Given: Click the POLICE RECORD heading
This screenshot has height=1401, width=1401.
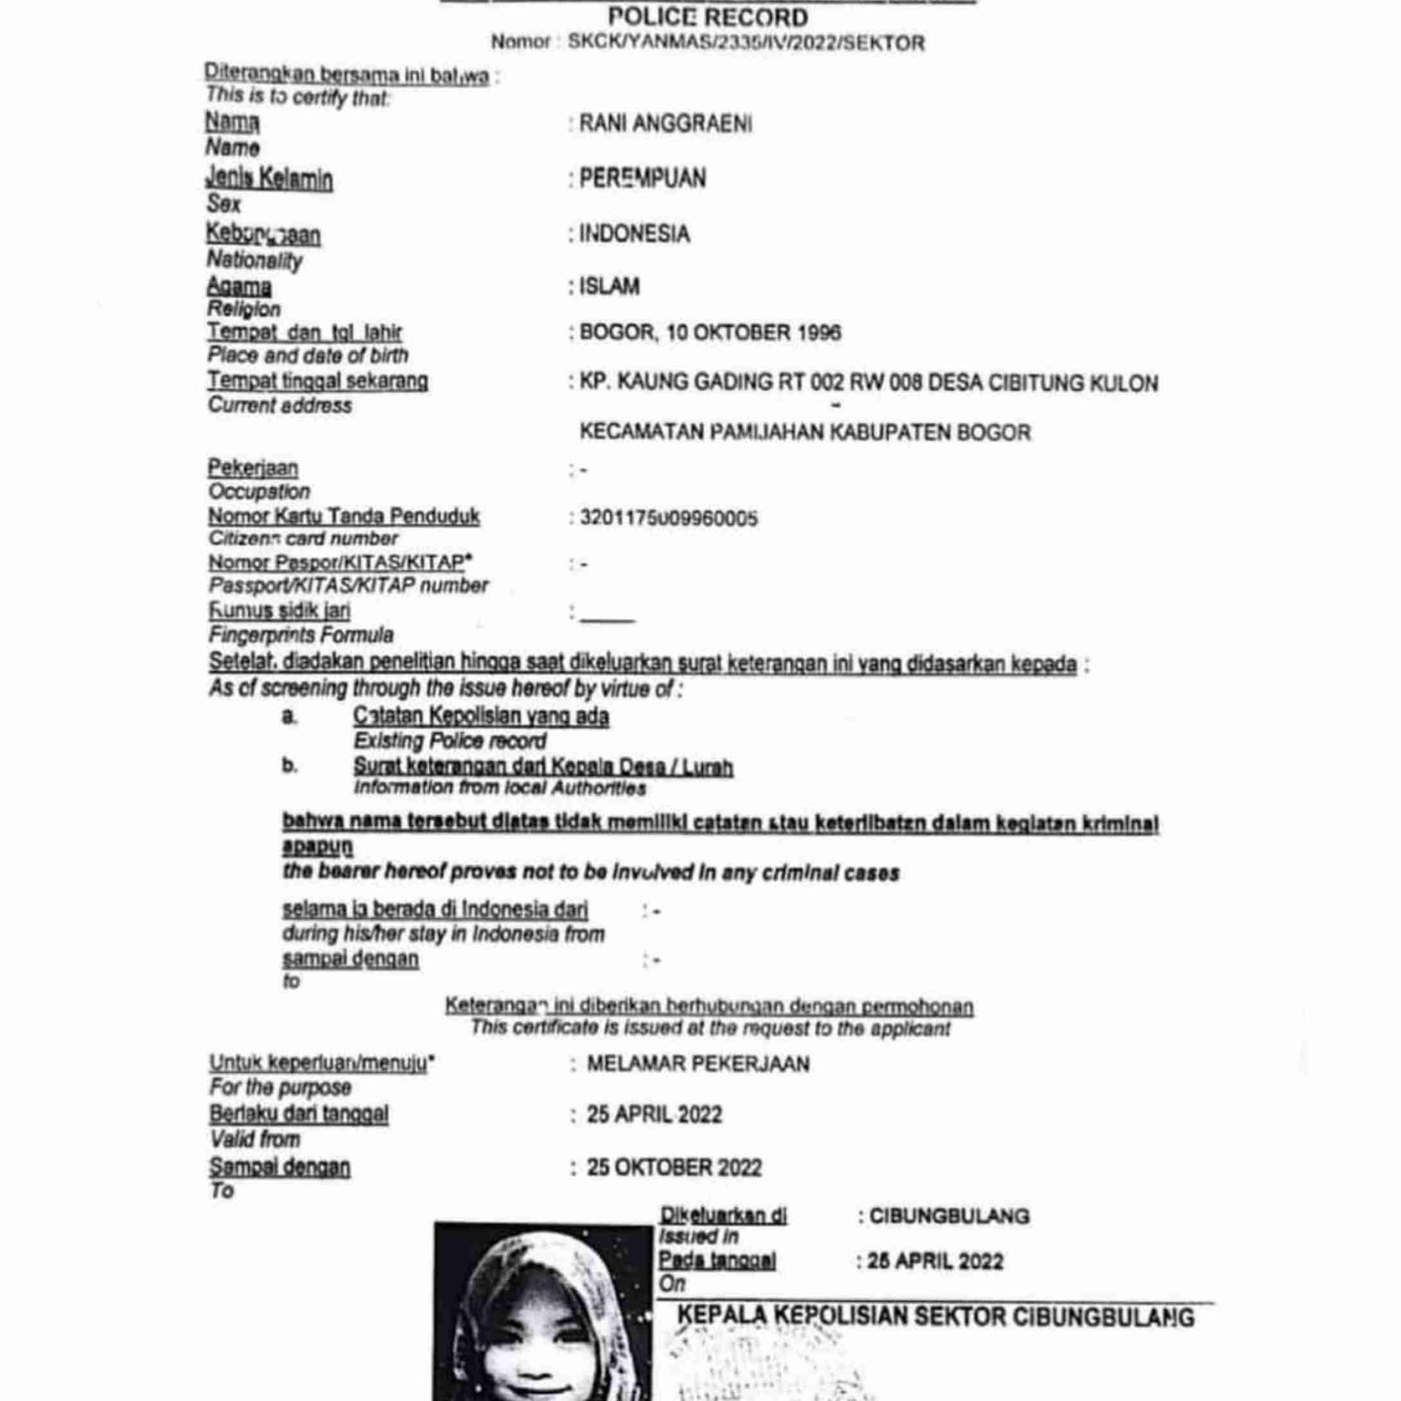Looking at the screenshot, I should coord(708,17).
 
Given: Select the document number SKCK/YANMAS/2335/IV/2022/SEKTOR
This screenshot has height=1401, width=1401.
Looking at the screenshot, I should coord(746,42).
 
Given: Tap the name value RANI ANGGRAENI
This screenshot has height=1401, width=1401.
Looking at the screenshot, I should coord(665,124).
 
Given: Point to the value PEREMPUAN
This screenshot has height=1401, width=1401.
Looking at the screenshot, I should coord(643,178).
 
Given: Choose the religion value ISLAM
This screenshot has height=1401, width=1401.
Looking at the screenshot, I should coord(609,287).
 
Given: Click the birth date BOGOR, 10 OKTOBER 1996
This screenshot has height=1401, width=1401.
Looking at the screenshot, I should coord(710,333).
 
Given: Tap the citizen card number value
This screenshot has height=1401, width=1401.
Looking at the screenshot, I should coord(668,518).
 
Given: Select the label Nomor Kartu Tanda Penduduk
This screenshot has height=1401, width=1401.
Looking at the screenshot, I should coord(344,516).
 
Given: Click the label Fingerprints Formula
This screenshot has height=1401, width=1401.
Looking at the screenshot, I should coord(301,635).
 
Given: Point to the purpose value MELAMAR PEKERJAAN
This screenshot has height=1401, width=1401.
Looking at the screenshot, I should coord(697,1064).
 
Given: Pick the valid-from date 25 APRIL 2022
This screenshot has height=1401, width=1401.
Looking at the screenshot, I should coord(654,1114).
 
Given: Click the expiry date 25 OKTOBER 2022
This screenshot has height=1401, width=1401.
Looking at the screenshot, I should coord(673,1167).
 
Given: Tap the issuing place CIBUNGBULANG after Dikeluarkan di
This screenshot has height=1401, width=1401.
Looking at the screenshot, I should coord(948,1216).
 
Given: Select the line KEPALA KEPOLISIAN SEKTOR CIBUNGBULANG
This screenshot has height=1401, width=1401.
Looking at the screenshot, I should coord(936,1317).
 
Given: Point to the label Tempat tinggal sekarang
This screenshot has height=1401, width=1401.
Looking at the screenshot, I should coord(317,381).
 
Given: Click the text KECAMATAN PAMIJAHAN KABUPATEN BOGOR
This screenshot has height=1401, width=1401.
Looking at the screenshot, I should coord(805,433).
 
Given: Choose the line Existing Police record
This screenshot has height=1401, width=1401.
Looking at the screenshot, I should coord(449,741).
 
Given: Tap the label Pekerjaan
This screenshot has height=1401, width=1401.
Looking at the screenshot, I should coord(253,467).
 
